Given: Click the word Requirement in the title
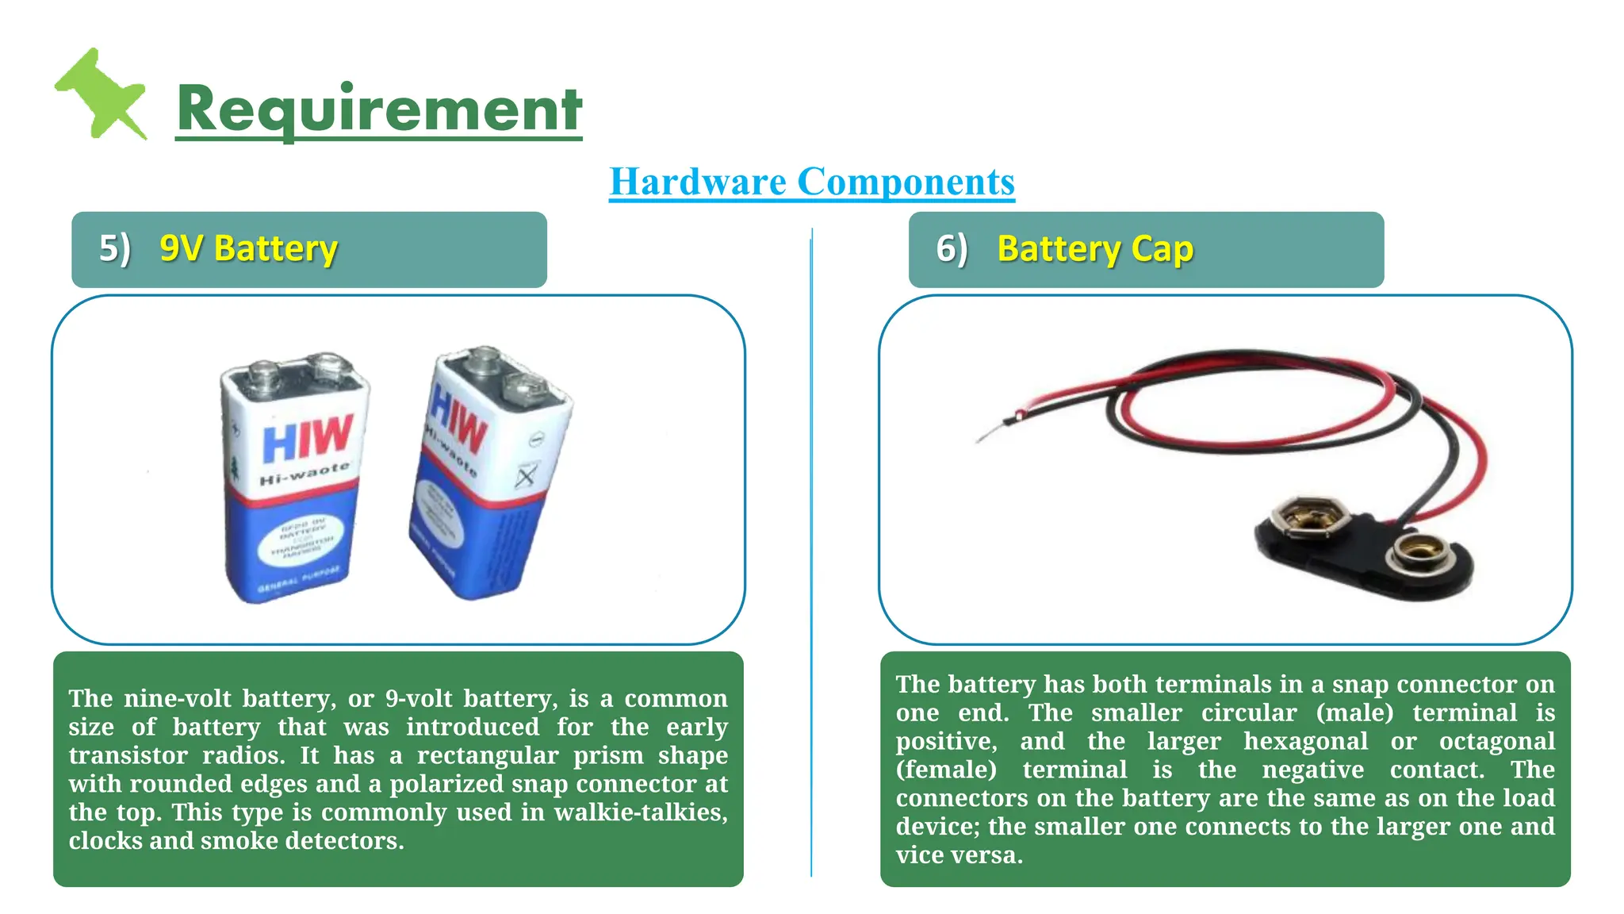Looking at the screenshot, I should click(x=379, y=109).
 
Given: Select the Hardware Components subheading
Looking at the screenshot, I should click(x=811, y=182).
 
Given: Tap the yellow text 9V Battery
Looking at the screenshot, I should click(x=248, y=249).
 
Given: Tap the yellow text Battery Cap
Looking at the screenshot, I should click(x=1094, y=249).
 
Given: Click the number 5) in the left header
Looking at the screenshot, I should click(x=114, y=249).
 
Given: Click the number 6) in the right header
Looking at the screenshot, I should click(x=952, y=249).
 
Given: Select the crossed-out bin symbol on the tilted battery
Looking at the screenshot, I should click(x=526, y=475).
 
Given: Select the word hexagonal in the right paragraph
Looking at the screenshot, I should click(x=1305, y=741).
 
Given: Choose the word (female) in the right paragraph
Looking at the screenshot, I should click(x=946, y=770).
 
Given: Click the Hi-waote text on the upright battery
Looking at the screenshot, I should click(x=304, y=475).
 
